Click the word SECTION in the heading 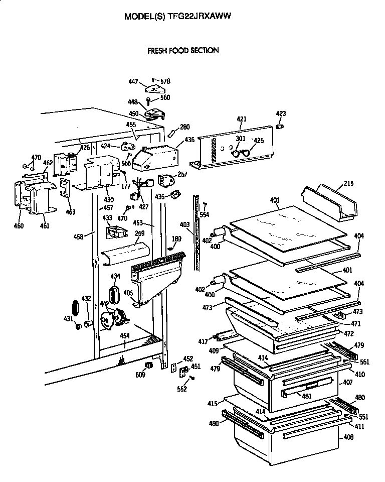coord(205,50)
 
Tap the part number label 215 coord(348,184)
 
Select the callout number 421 coord(242,119)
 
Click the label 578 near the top coord(165,81)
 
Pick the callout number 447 coord(133,81)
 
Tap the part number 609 coord(140,375)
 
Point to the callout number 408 coord(348,437)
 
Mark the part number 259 coord(140,233)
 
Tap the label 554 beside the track coord(204,214)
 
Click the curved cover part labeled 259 coord(125,254)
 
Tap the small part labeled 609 coord(148,364)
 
